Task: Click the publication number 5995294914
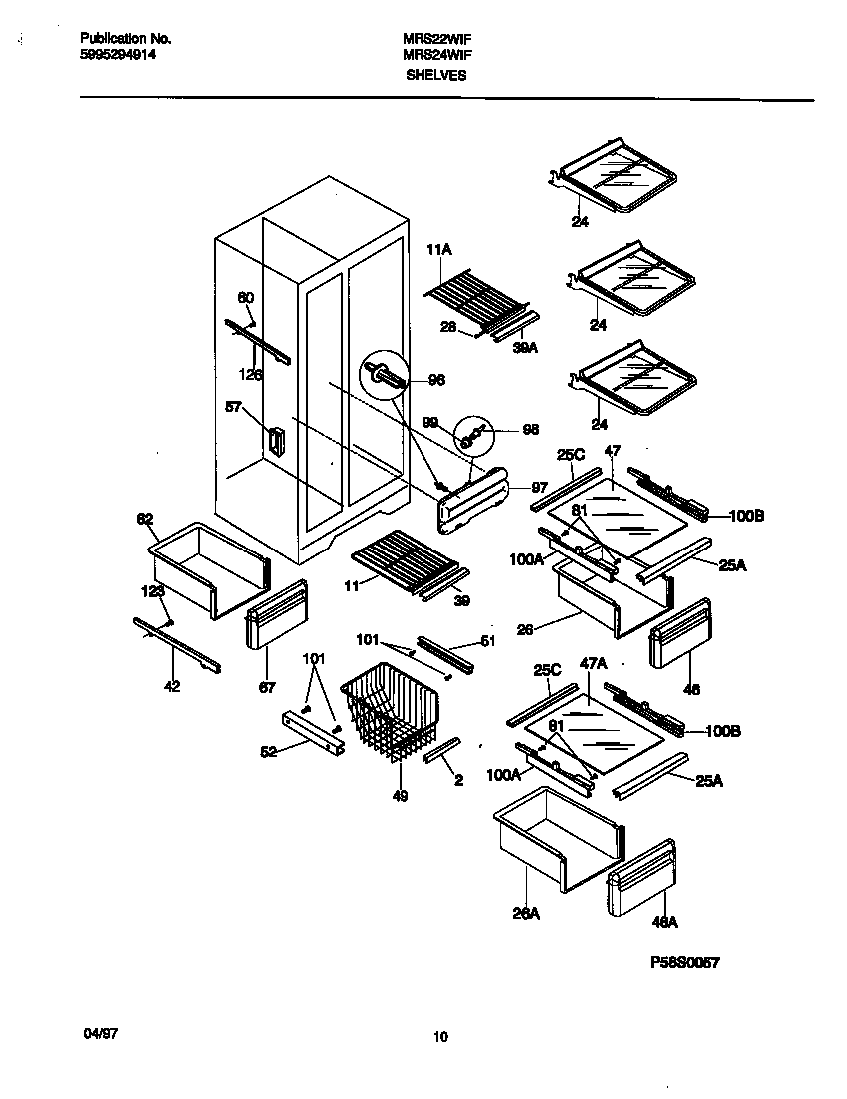tap(117, 56)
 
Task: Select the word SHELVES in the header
tap(435, 75)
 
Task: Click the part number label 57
tap(233, 407)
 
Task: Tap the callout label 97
tap(538, 487)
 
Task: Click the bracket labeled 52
tap(313, 734)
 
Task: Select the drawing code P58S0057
tap(684, 962)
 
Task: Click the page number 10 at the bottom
tap(440, 1037)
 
